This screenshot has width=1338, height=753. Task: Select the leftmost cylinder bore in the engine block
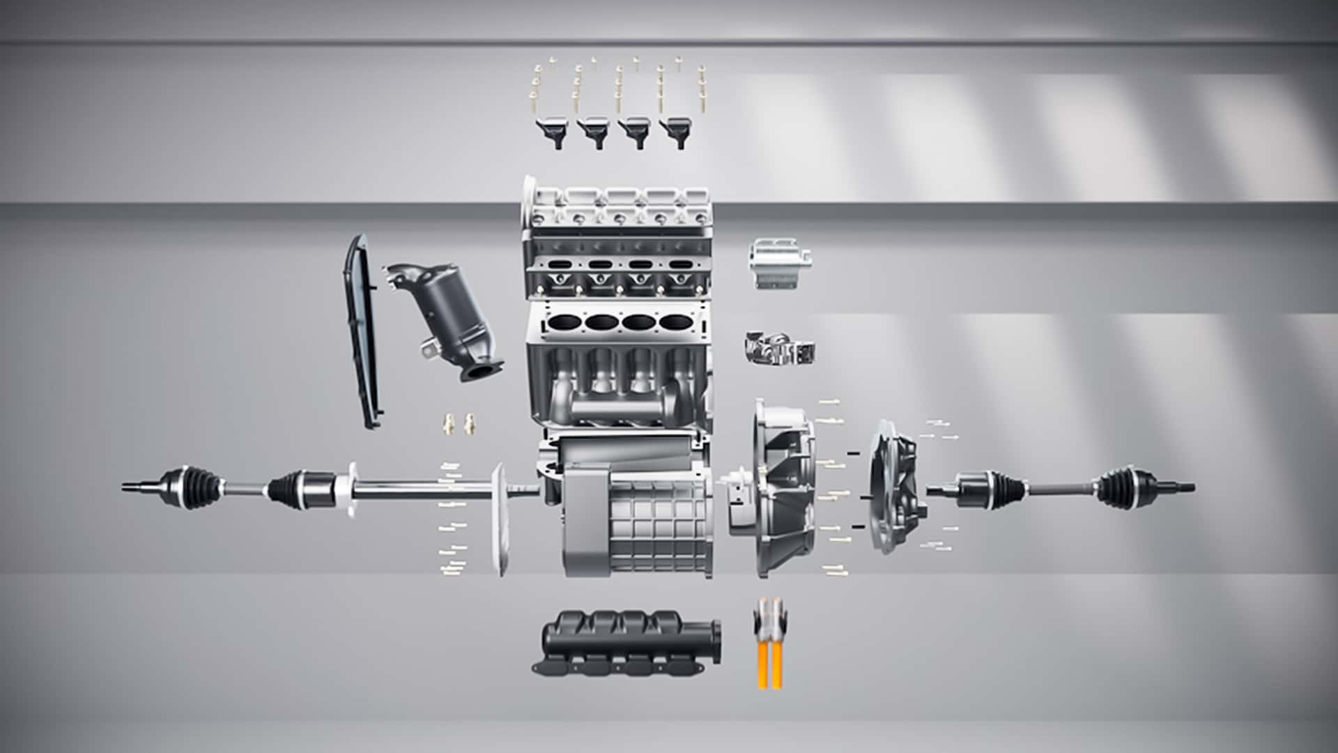pos(563,324)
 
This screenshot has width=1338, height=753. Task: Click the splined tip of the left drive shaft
pos(132,486)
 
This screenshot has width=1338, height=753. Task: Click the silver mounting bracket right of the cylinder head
pos(779,264)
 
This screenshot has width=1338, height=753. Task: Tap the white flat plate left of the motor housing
pos(498,519)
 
